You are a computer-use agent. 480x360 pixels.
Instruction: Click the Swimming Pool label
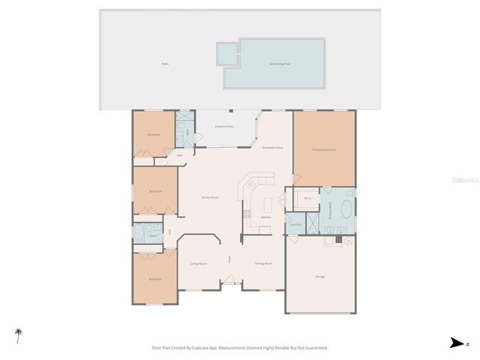(x=280, y=64)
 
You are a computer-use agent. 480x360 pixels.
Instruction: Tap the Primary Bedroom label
(x=324, y=150)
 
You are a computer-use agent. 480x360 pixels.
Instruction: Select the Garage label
(x=319, y=277)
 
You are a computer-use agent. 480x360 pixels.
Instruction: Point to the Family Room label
(x=209, y=197)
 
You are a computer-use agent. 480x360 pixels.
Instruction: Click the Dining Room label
(x=263, y=264)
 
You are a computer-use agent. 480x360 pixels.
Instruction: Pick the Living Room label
(x=199, y=264)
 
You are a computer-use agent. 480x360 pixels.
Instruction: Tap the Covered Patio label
(x=224, y=127)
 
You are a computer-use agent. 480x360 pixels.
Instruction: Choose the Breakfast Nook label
(x=273, y=148)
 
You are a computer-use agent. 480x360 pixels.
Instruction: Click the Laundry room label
(x=295, y=224)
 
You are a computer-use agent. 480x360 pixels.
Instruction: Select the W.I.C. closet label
(x=307, y=198)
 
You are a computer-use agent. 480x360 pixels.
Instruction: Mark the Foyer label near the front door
(x=229, y=259)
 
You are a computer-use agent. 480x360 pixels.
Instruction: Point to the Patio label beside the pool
(x=165, y=64)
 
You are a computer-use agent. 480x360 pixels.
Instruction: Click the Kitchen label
(x=265, y=217)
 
